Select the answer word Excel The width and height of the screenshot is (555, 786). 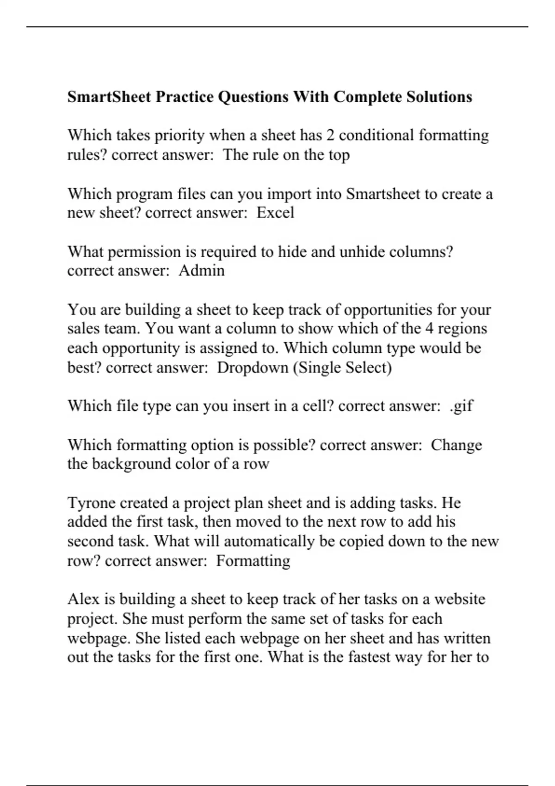coord(275,213)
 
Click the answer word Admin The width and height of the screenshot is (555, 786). coord(202,270)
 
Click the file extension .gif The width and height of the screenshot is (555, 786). coord(461,406)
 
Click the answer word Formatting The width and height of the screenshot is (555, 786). coord(253,561)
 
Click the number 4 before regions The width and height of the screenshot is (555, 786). coord(430,329)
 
